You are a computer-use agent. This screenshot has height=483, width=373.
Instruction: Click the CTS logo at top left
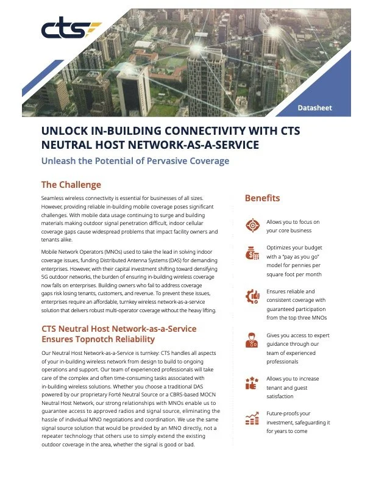click(x=70, y=29)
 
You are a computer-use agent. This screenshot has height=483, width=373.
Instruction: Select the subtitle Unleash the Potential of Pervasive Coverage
click(x=135, y=161)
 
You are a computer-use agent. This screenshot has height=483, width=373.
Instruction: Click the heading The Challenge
click(x=71, y=185)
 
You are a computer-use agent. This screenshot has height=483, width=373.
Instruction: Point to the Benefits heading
click(x=262, y=198)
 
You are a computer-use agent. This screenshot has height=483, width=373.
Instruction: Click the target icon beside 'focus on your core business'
click(x=252, y=225)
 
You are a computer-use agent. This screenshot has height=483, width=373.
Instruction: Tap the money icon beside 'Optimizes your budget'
click(x=252, y=254)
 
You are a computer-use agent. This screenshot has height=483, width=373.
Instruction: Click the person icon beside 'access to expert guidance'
click(x=252, y=340)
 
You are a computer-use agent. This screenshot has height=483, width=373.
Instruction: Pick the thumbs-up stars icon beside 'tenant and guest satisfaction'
click(x=252, y=383)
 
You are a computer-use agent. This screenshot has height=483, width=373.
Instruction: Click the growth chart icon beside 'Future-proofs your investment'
click(x=252, y=418)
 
